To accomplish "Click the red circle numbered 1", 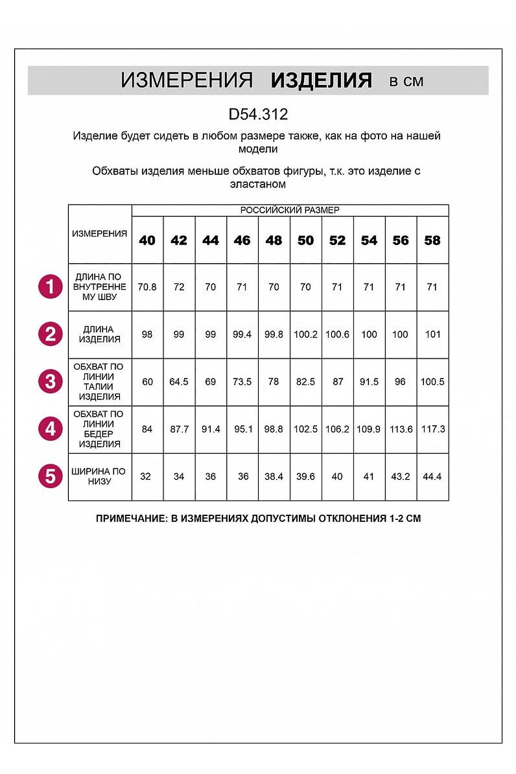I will (x=50, y=287).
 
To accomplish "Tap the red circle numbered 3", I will (x=50, y=381).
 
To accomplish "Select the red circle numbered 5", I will (x=50, y=476).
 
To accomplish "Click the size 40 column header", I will (x=147, y=240).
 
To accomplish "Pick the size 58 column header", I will (x=432, y=240).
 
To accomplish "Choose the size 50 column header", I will (x=306, y=240).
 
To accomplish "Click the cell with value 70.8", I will (x=147, y=287).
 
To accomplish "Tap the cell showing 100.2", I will (x=306, y=335).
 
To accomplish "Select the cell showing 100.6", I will (x=338, y=335).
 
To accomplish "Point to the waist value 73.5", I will (x=242, y=382).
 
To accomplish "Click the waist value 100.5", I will (x=432, y=382).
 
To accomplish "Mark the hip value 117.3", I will (x=433, y=429).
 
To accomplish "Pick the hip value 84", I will (x=147, y=429).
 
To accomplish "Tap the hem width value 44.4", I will (x=432, y=476).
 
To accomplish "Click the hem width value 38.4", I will (x=274, y=476).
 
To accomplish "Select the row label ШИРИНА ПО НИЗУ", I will (x=99, y=476).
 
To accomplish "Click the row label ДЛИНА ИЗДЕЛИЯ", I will (x=99, y=334).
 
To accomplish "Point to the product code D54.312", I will (x=258, y=114).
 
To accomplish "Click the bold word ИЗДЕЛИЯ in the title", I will (x=321, y=80).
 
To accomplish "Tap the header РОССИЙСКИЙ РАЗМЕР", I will (x=290, y=210).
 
